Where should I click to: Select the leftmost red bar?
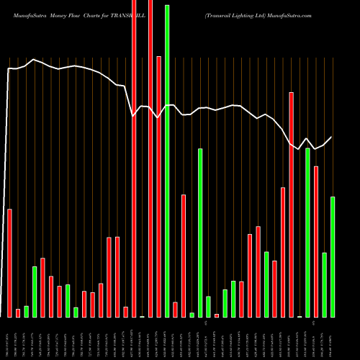pyautogui.click(x=9, y=263)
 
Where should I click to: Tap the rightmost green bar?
pyautogui.click(x=333, y=256)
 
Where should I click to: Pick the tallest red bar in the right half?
pyautogui.click(x=292, y=204)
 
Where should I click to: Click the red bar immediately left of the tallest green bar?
pyautogui.click(x=158, y=186)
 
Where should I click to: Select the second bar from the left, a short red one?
pyautogui.click(x=18, y=312)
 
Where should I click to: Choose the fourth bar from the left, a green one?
pyautogui.click(x=35, y=292)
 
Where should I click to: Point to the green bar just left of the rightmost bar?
pyautogui.click(x=325, y=284)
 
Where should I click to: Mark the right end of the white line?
pyautogui.click(x=332, y=137)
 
